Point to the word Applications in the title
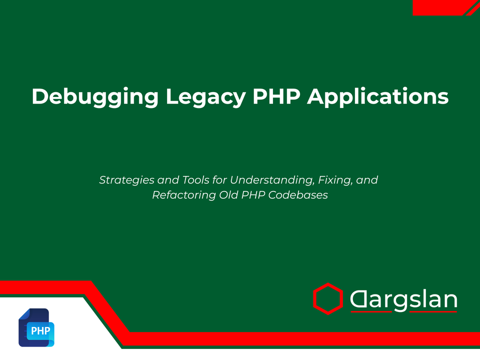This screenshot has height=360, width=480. pyautogui.click(x=378, y=96)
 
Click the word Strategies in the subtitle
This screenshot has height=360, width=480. pyautogui.click(x=122, y=179)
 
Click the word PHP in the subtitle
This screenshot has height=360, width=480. pyautogui.click(x=253, y=195)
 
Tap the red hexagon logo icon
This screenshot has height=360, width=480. pyautogui.click(x=327, y=299)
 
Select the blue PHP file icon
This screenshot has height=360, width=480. pyautogui.click(x=36, y=328)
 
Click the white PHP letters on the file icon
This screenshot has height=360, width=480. pyautogui.click(x=40, y=331)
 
